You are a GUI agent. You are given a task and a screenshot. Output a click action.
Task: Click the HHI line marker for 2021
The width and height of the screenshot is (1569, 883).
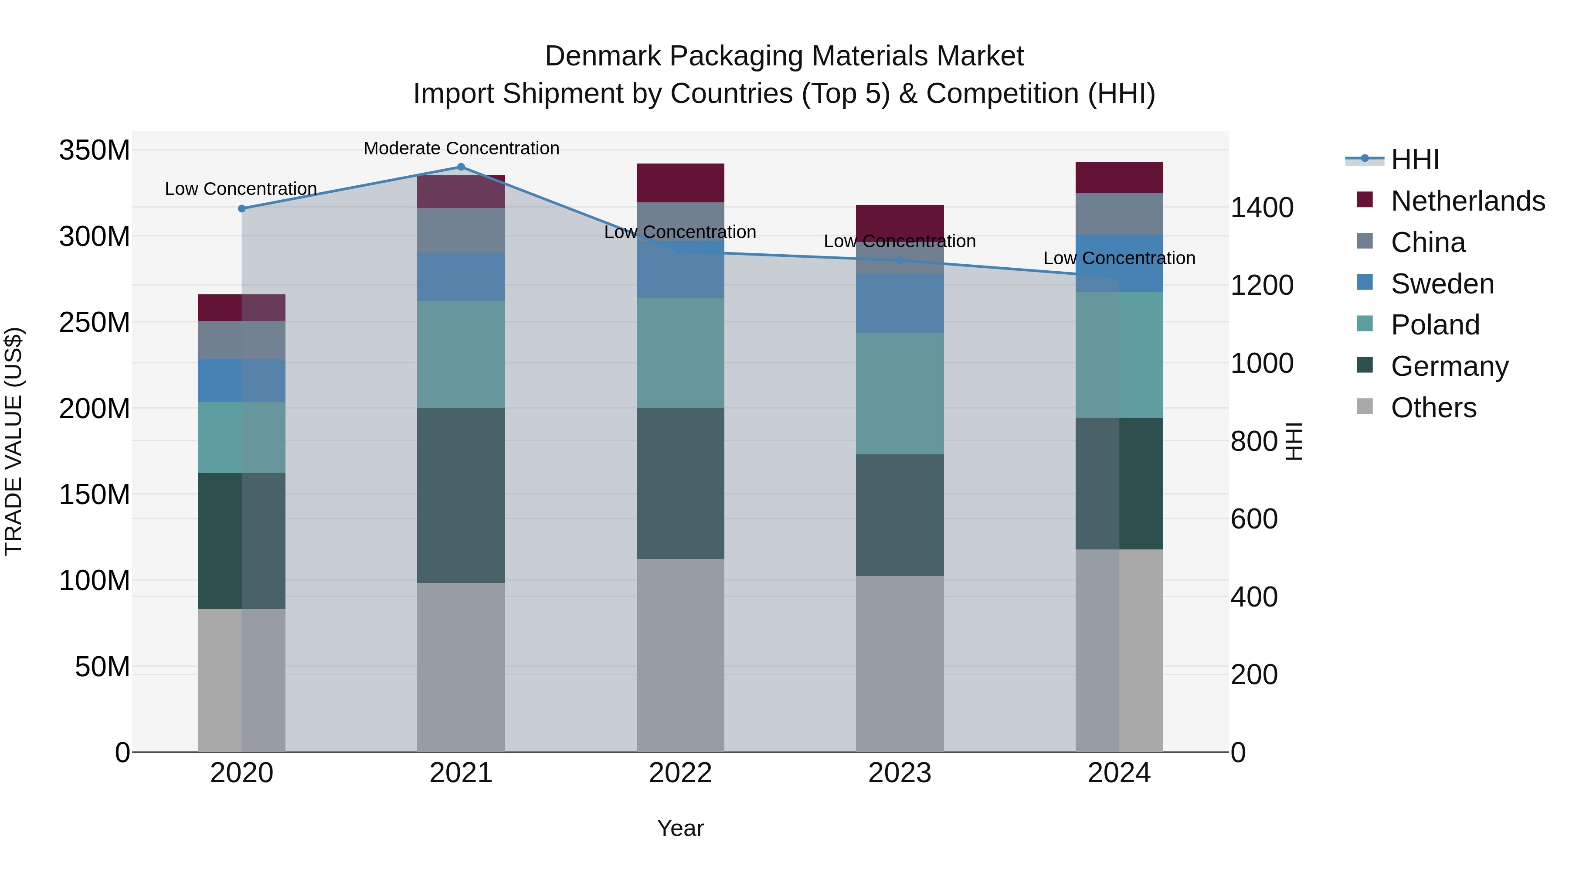pyautogui.click(x=461, y=167)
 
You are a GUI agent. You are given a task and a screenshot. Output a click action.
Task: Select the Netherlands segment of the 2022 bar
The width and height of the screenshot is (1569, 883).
pyautogui.click(x=680, y=183)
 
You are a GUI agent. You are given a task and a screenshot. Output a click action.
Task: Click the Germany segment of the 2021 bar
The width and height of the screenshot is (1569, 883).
pyautogui.click(x=461, y=495)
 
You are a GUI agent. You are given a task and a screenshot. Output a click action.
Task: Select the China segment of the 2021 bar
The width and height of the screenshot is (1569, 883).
pyautogui.click(x=461, y=230)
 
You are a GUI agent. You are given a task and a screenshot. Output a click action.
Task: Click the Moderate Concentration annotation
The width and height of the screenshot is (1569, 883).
pyautogui.click(x=461, y=148)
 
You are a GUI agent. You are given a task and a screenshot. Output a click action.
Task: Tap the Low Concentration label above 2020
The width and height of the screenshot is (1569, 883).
pyautogui.click(x=241, y=189)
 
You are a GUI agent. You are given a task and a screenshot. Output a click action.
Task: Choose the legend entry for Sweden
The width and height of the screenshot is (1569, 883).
pyautogui.click(x=1442, y=284)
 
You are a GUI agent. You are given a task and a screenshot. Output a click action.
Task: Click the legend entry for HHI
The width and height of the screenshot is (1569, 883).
pyautogui.click(x=1414, y=160)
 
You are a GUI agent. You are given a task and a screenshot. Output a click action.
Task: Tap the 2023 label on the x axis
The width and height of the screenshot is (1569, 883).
pyautogui.click(x=899, y=773)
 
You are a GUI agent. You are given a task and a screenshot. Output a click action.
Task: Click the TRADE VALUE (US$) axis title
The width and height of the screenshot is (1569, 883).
pyautogui.click(x=14, y=441)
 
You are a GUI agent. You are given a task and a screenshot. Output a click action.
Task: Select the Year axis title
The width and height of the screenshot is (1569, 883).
pyautogui.click(x=680, y=828)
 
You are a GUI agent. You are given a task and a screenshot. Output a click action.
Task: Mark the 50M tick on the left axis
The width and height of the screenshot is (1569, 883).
pyautogui.click(x=102, y=667)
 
